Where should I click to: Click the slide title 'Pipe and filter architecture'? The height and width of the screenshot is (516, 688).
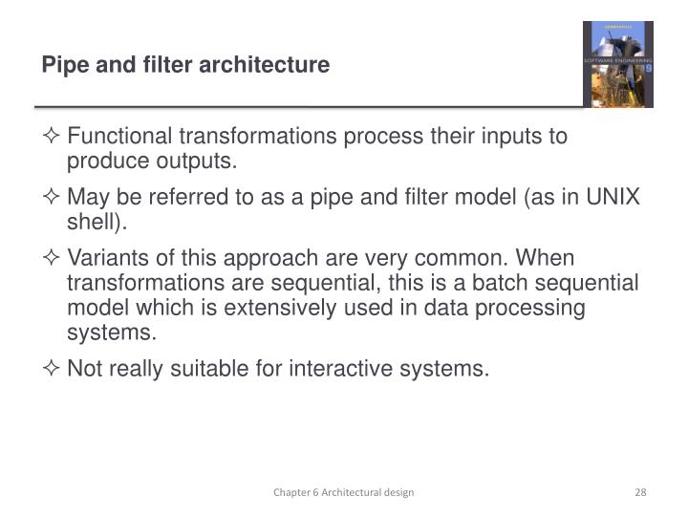coord(185,65)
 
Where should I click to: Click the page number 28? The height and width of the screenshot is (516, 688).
coord(641,492)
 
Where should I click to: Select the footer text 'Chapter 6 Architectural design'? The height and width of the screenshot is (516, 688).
coord(343,492)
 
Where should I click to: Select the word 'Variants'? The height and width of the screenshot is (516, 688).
coord(104,259)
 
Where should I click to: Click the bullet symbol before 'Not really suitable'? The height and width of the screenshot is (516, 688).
coord(53,369)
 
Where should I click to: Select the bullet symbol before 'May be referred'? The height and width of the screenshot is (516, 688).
coord(53,198)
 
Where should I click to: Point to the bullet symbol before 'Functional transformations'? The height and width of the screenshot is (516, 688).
coord(53,137)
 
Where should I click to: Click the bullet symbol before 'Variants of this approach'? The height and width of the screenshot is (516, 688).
coord(53,259)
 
